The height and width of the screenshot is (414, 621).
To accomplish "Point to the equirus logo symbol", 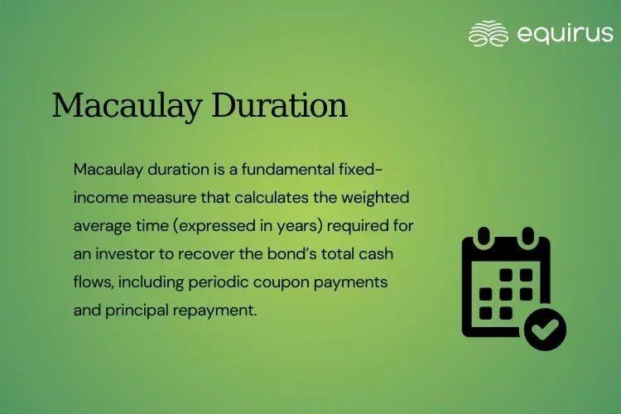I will coord(489,33).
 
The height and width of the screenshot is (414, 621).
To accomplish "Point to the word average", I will coord(103,226).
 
